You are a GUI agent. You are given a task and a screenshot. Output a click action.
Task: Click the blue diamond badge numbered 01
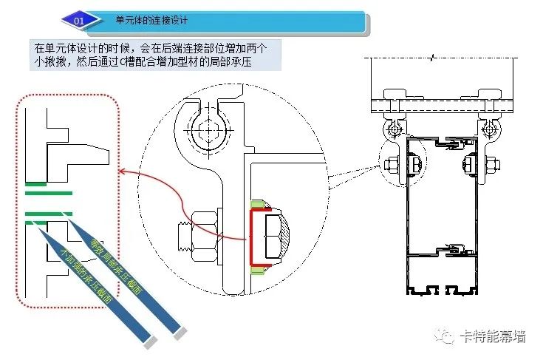tap(81, 21)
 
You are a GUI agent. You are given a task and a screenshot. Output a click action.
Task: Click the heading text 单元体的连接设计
tap(151, 20)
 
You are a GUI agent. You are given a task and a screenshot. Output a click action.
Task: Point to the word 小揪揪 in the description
tap(50, 61)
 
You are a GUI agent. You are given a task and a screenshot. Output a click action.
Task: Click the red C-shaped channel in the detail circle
tap(252, 237)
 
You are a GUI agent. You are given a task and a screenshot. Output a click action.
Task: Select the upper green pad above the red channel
tap(258, 205)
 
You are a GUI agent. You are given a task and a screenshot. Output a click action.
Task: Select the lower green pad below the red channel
tap(258, 269)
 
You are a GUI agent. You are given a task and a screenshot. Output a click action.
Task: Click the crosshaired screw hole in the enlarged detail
tap(208, 130)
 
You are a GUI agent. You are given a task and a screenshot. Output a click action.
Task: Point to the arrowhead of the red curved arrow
tap(122, 171)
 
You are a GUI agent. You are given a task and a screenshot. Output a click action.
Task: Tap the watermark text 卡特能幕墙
tap(494, 336)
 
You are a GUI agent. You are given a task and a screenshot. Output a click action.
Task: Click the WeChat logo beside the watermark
tap(445, 336)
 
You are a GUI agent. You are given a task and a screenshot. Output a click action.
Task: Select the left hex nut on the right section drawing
tap(392, 164)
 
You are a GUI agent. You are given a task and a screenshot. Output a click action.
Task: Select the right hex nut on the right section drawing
tap(493, 164)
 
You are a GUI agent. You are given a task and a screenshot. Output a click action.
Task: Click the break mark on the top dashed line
tap(431, 58)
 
